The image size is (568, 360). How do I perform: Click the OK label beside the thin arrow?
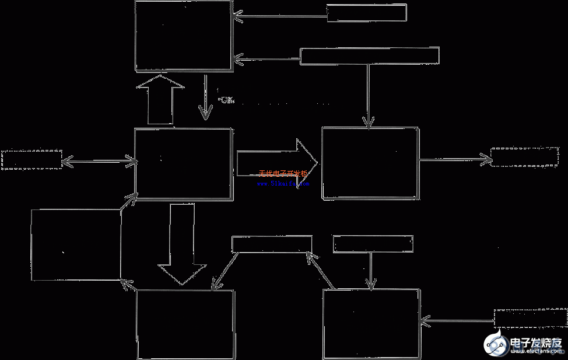226,100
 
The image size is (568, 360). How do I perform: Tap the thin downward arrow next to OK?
205,96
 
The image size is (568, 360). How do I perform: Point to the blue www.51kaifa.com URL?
282,183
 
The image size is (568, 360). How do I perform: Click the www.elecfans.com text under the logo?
535,352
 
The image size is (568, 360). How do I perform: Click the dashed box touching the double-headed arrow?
31,159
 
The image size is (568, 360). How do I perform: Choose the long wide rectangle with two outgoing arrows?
369,56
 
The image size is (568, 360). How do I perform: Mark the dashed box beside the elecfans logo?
530,317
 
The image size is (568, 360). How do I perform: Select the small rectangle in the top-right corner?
366,13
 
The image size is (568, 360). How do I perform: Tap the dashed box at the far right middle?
524,157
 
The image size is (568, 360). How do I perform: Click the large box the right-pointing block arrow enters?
370,163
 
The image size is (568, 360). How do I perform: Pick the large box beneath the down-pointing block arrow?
185,324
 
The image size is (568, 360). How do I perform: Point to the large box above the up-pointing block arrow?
184,36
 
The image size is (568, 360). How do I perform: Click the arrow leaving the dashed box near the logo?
457,320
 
